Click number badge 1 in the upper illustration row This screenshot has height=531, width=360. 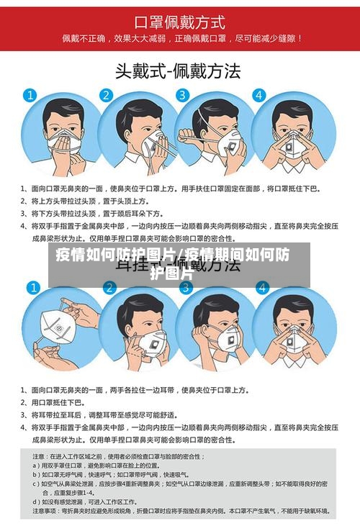[30, 95]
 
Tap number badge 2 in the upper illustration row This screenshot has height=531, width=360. [106, 95]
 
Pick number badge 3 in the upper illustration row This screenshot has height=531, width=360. [183, 95]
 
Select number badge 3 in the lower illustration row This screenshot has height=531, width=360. [185, 289]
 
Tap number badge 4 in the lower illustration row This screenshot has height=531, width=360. [262, 289]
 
